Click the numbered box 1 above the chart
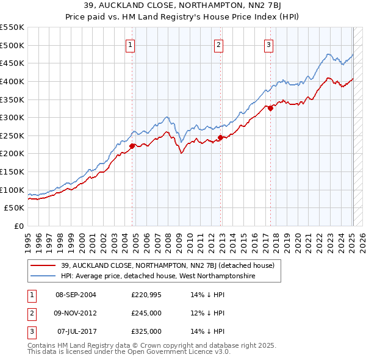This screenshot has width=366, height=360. [x=131, y=44]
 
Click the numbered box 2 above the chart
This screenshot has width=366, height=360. [x=219, y=44]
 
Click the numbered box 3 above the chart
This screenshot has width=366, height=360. [x=269, y=44]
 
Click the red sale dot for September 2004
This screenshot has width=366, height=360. [x=132, y=145]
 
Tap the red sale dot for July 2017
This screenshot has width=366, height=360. [x=270, y=108]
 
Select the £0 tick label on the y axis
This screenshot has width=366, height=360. [x=18, y=226]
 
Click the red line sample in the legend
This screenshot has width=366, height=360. [x=43, y=265]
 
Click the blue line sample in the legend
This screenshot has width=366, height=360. [x=43, y=276]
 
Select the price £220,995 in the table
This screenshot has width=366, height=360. [x=146, y=295]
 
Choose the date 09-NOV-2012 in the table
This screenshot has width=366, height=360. [x=76, y=313]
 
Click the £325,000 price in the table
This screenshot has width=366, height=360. [x=146, y=331]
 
